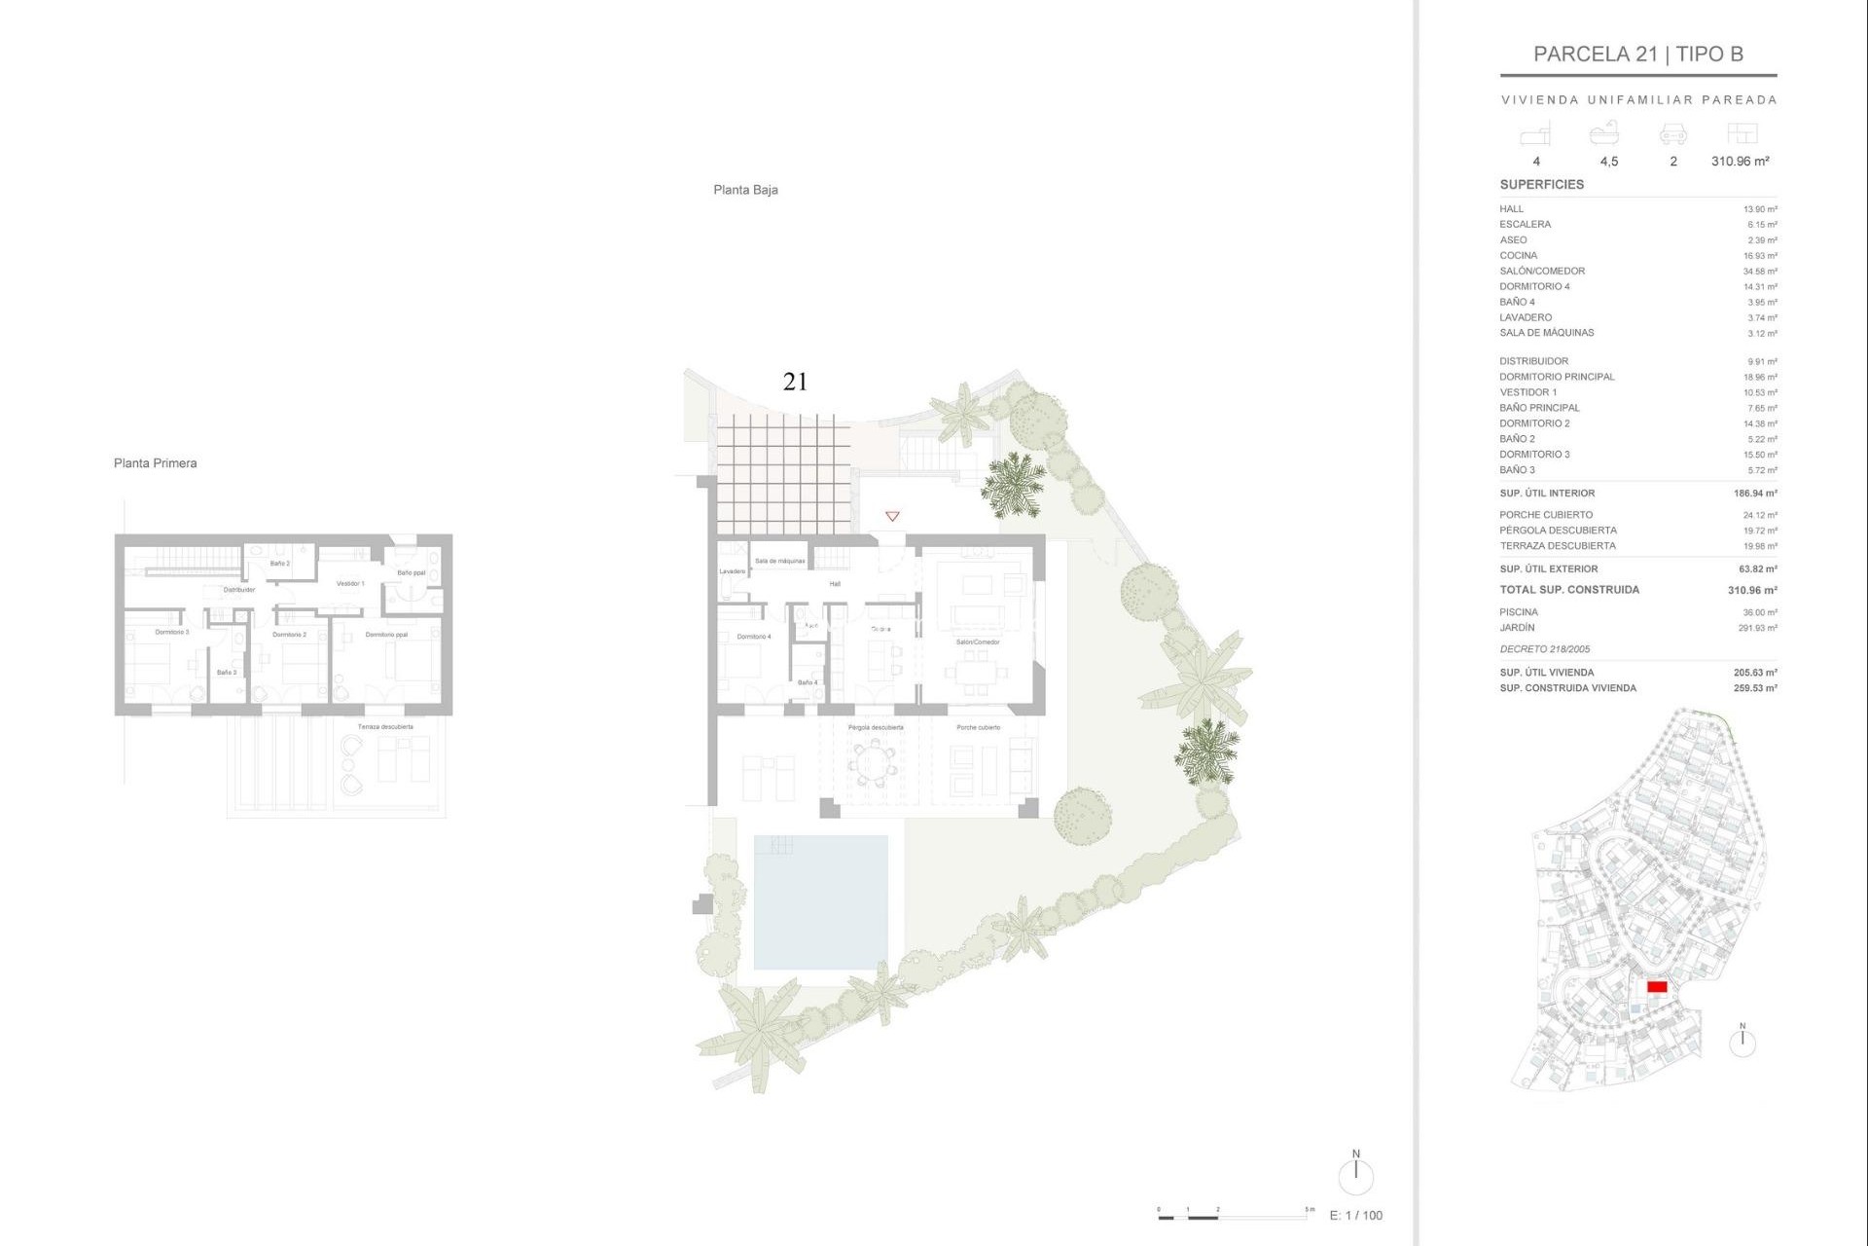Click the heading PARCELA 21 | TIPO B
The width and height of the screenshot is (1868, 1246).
coord(1637,55)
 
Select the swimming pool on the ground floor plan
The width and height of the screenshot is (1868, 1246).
coord(820,901)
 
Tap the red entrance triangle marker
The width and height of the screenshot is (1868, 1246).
coord(892,516)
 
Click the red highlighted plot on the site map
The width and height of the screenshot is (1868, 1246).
coord(1657,987)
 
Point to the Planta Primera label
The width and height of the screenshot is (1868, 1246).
coord(155,463)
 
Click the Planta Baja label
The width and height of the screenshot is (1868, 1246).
coord(745,190)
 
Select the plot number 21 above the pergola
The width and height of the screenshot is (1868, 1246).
coord(795,382)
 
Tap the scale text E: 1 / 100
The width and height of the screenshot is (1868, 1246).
coord(1355,1215)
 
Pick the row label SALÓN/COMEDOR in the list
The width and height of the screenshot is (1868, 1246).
coord(1542,271)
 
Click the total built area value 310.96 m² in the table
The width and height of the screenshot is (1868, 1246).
coord(1752,590)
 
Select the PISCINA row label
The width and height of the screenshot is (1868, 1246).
coord(1518,612)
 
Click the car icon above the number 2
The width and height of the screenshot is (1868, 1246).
coord(1672,133)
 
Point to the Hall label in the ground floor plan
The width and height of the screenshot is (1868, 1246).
coord(835,584)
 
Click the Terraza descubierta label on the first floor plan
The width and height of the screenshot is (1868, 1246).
coord(385,727)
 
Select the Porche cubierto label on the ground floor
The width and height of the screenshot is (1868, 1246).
coord(978,728)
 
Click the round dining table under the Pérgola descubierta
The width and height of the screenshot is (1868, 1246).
coord(874,763)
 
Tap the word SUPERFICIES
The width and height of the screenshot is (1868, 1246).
coord(1541,184)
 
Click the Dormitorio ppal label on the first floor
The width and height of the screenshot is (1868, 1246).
coord(386,635)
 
